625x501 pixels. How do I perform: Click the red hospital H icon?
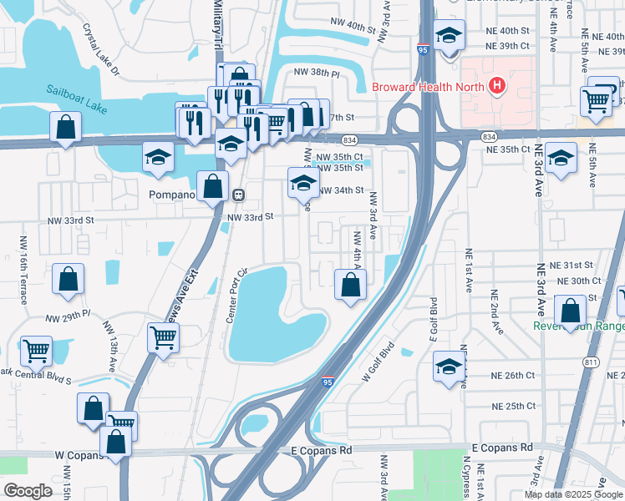pos(497,85)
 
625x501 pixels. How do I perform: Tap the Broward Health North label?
pos(426,86)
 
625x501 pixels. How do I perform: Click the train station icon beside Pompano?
pos(239,195)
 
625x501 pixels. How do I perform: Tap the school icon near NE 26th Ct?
pos(449,366)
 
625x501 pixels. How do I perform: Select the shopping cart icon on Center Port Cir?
pos(163,337)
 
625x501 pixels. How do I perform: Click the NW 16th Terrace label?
pos(22,258)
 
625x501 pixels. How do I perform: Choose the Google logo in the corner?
pos(28,490)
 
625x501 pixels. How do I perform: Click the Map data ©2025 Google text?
pos(572,494)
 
